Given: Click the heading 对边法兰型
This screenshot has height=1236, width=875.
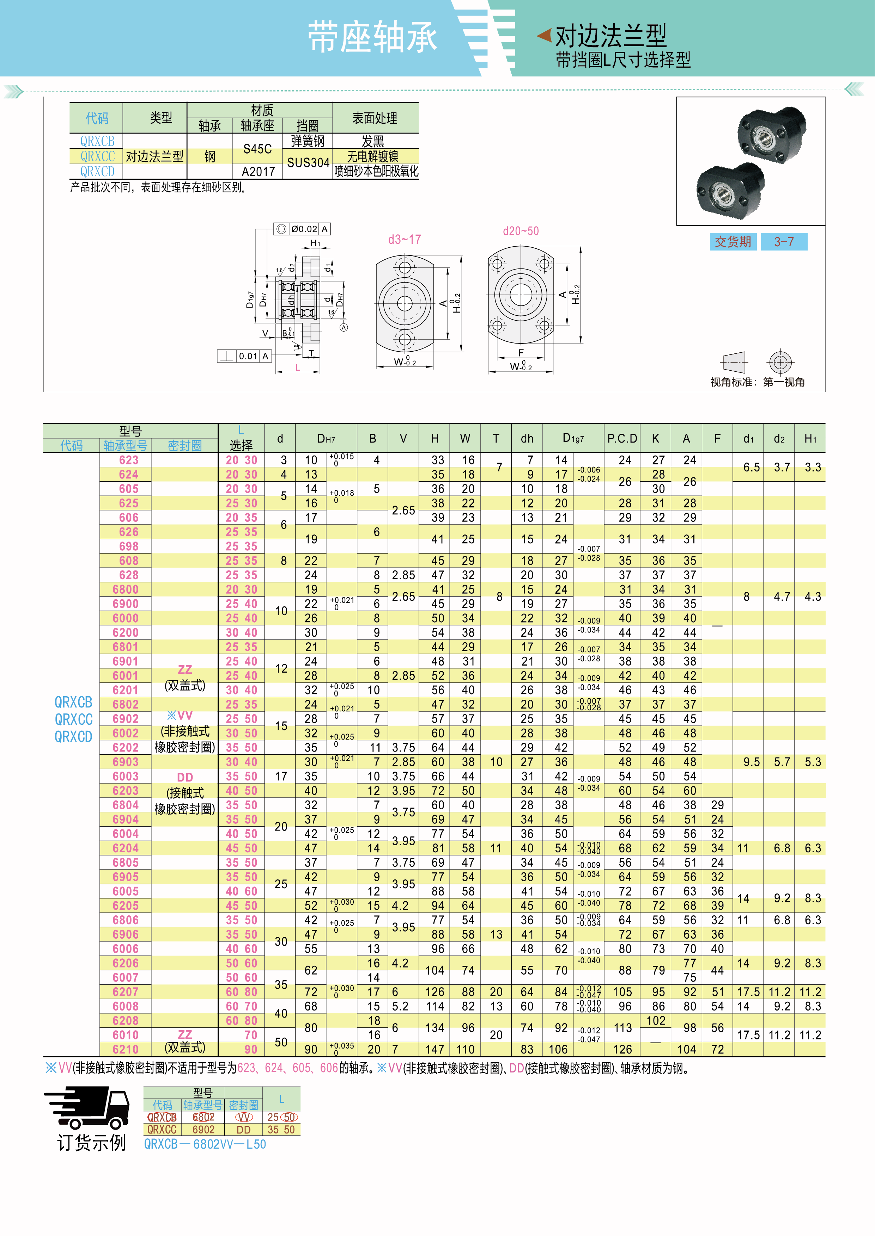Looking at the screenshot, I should (610, 36).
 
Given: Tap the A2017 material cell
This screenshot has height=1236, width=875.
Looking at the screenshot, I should (258, 172).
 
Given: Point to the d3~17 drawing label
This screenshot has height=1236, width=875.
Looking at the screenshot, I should (404, 240).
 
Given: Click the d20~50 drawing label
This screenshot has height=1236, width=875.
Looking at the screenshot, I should (521, 231).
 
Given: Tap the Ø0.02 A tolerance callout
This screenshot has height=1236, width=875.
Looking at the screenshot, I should (302, 229).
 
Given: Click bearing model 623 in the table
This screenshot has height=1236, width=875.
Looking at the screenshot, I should (128, 460).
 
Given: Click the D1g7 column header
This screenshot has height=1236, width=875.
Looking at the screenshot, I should (573, 439).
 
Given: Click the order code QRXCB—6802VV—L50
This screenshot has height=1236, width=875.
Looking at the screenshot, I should (205, 1144).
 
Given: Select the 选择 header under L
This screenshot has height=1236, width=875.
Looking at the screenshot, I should (241, 445).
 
